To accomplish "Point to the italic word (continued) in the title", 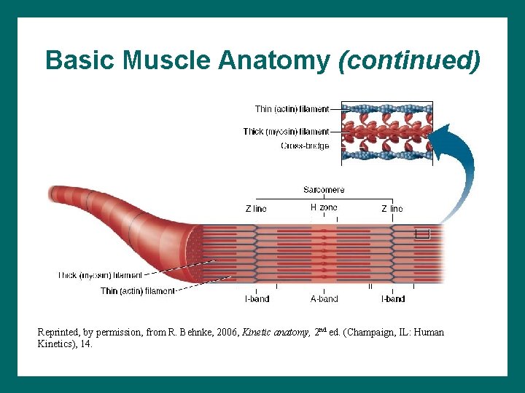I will tap(410, 60).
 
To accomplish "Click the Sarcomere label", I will tap(324, 190).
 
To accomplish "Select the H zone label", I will tap(324, 207).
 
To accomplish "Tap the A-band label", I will tap(324, 299).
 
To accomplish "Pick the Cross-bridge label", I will tap(305, 146).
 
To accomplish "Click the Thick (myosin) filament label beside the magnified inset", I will tap(286, 132).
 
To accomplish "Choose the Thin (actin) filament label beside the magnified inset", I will tap(292, 109).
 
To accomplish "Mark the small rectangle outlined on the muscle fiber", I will tap(422, 234).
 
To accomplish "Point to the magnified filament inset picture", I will tap(386, 131).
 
